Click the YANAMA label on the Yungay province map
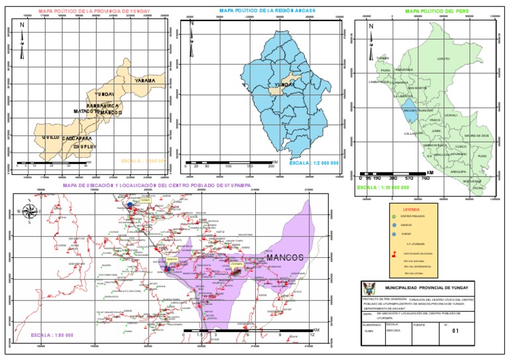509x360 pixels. pos(144,80)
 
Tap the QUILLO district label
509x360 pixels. pos(50,136)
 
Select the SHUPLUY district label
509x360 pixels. pos(84,147)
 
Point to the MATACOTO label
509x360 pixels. pos(85,111)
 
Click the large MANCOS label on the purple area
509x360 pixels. pos(284,257)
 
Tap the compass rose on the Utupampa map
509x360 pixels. pos(30,212)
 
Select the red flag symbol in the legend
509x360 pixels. pos(394,253)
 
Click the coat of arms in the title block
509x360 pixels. pos(370,288)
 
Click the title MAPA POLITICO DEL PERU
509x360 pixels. pos(434,11)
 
